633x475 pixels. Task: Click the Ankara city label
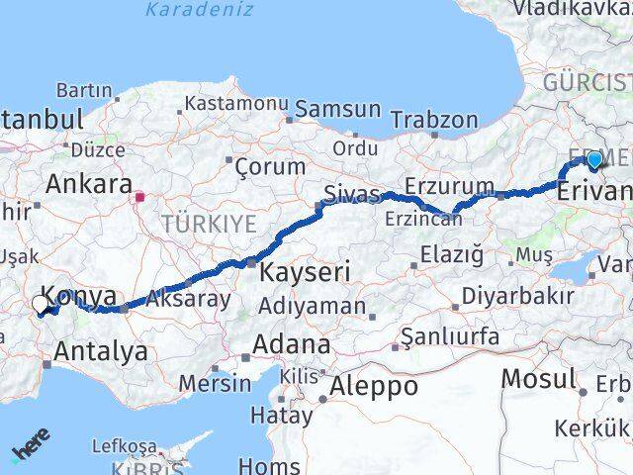point(89,184)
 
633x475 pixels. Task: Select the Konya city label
point(81,296)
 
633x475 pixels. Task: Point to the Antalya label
point(101,350)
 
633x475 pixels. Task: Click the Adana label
point(290,345)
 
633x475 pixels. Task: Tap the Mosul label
point(538,377)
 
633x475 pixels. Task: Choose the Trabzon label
point(433,119)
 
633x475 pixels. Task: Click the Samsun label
point(337,109)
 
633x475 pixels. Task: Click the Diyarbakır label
point(518,296)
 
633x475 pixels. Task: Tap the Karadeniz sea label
point(199,10)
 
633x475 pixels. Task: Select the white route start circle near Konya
point(41,304)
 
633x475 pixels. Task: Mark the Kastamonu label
point(236,102)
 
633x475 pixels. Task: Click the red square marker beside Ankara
point(141,196)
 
